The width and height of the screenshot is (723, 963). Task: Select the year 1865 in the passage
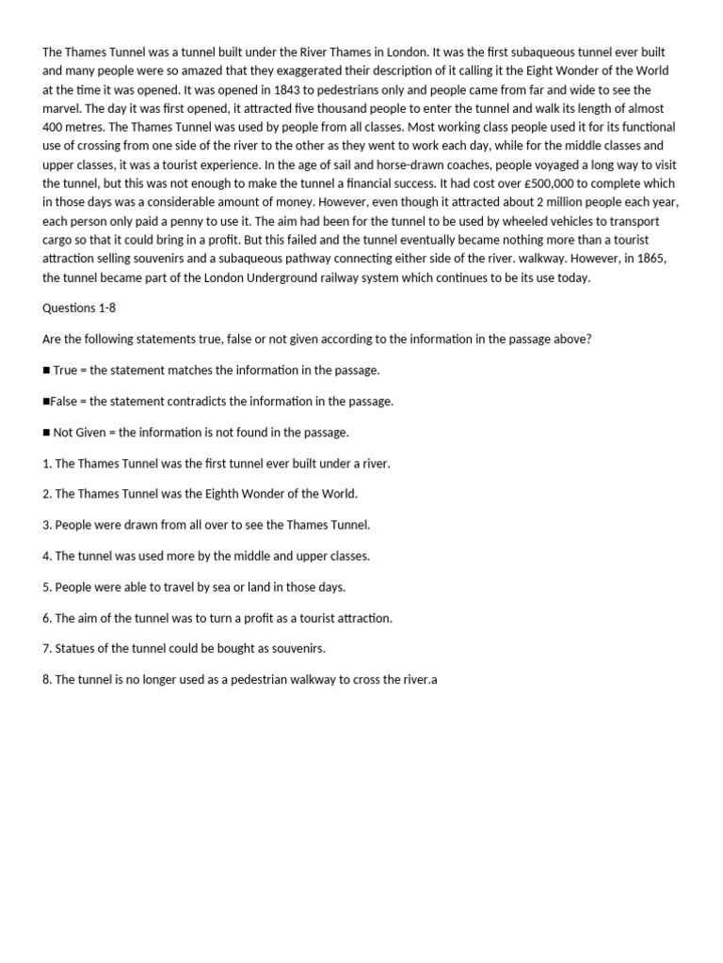(x=651, y=259)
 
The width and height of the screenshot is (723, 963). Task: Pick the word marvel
(x=61, y=108)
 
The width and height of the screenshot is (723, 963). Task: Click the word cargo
(x=59, y=240)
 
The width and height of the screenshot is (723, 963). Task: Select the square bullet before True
(x=46, y=371)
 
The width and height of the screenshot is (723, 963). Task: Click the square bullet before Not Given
(x=46, y=433)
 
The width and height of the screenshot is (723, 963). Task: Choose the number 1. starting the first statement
(x=47, y=464)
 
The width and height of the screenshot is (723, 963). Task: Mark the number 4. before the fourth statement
(x=47, y=556)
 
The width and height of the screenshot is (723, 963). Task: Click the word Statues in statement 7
(x=75, y=648)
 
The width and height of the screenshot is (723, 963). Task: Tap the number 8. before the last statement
(x=47, y=679)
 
